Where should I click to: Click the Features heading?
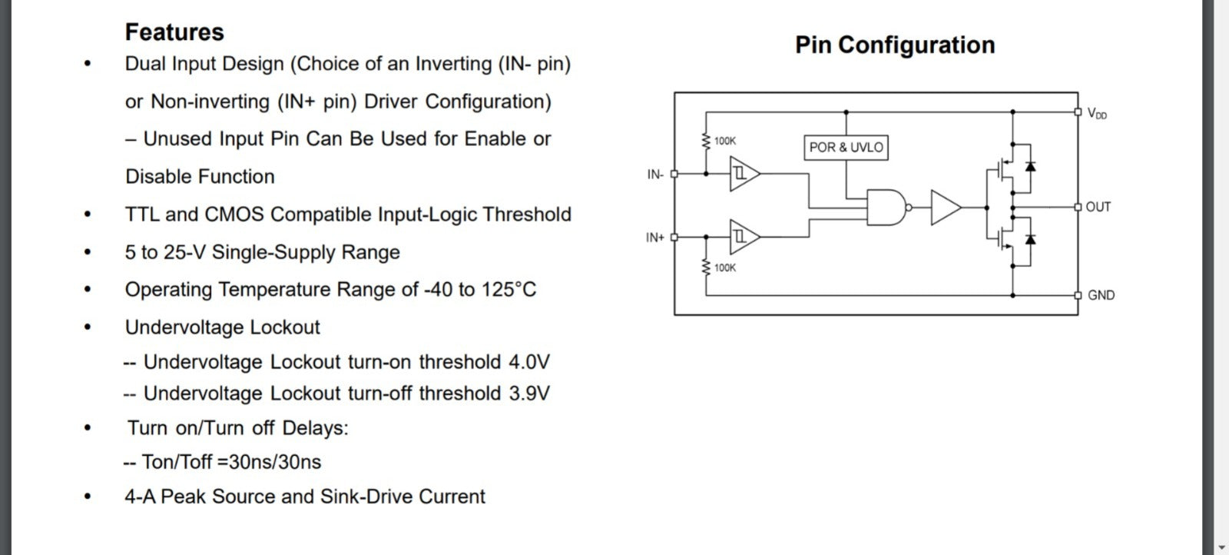[x=174, y=32]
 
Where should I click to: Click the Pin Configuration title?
[x=895, y=45]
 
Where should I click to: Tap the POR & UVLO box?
[x=846, y=147]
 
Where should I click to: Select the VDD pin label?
[x=1097, y=114]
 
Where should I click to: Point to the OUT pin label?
[x=1098, y=207]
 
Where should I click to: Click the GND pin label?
[x=1101, y=295]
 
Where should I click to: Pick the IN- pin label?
[x=655, y=174]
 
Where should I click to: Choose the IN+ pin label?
[x=655, y=238]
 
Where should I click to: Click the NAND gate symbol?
[x=886, y=207]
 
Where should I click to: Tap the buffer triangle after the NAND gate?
[x=944, y=208]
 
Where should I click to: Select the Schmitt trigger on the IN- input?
[x=743, y=174]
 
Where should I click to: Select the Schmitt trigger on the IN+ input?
[x=743, y=238]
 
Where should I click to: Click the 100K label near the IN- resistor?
[x=725, y=141]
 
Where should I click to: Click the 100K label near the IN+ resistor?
[x=725, y=268]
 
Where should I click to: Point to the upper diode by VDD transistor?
[x=1030, y=165]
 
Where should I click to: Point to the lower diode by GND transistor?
[x=1030, y=239]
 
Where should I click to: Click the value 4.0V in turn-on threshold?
[x=529, y=362]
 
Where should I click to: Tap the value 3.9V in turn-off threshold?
[x=529, y=394]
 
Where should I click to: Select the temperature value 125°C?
[x=508, y=290]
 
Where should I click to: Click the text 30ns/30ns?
[x=275, y=462]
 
